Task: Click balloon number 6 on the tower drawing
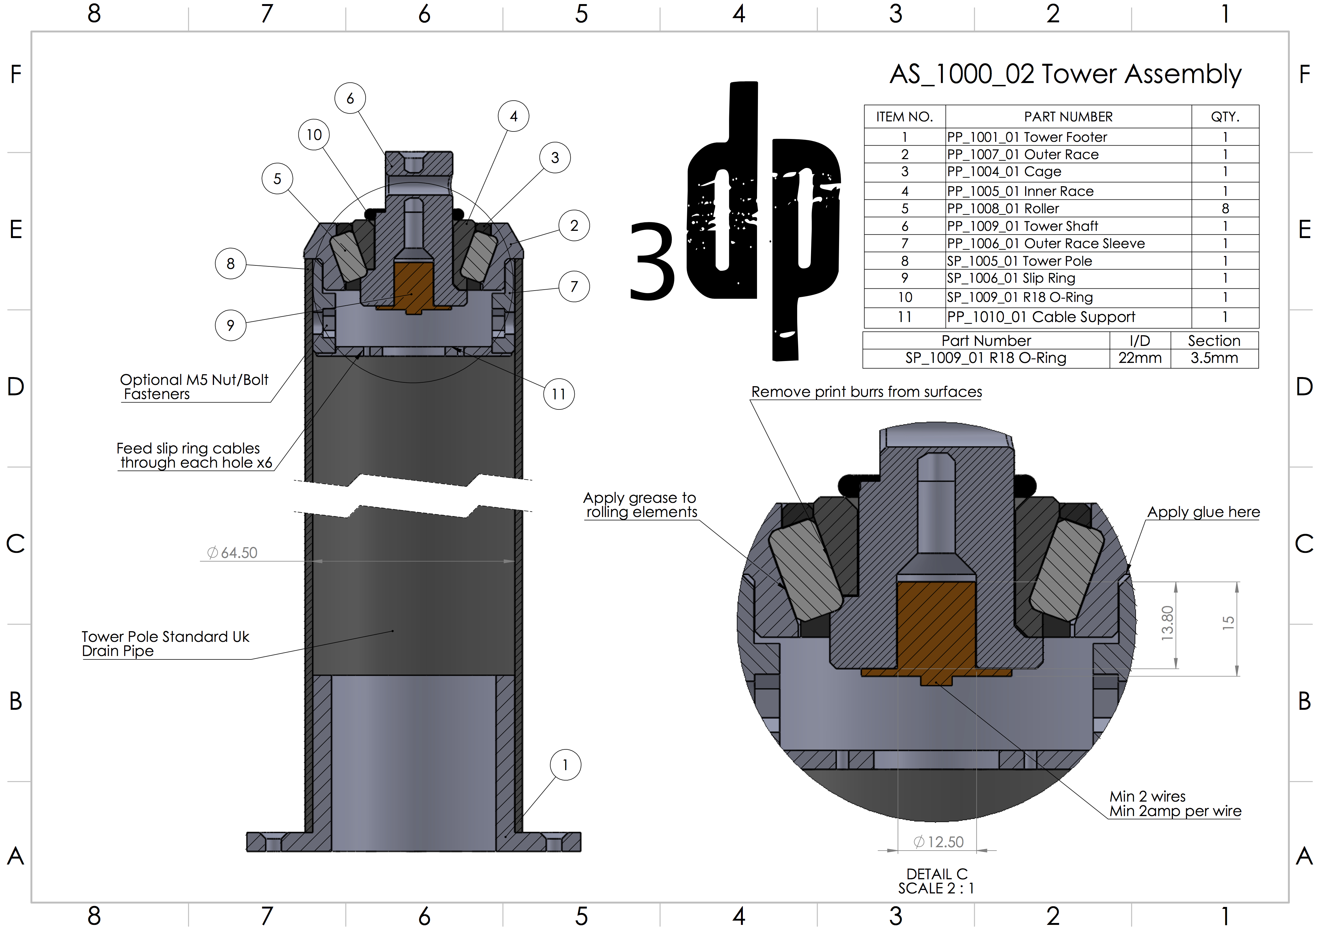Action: [350, 98]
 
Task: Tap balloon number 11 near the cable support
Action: [558, 394]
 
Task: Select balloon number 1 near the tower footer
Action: [565, 765]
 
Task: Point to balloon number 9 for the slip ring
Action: [230, 325]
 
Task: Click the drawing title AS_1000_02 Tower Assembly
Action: [1065, 74]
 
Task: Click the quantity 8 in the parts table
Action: [1225, 208]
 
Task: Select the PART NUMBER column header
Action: [1068, 117]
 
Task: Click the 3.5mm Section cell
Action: [1214, 358]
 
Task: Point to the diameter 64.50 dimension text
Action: [233, 553]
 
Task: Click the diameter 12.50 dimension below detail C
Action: [938, 842]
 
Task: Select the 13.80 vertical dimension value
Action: [1167, 623]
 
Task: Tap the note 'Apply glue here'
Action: [1203, 512]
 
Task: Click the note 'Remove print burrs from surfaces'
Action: [866, 392]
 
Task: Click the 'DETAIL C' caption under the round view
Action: [936, 874]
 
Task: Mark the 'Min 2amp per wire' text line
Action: [1175, 811]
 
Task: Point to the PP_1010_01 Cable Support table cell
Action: [1041, 317]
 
